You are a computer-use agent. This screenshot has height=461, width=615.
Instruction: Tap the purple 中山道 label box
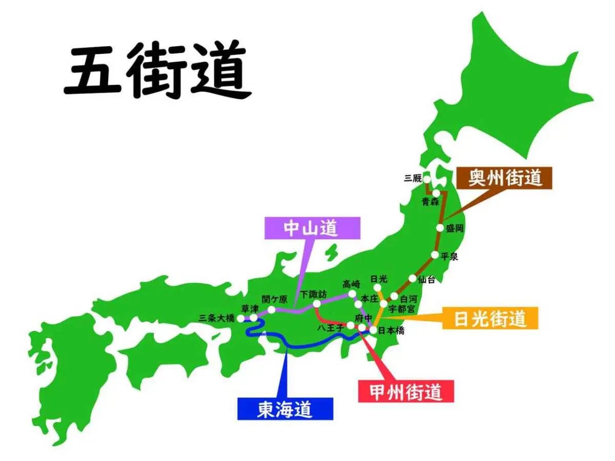312,228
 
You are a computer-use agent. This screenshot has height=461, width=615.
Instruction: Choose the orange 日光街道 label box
489,318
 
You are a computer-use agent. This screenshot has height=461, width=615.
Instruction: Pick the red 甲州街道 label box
405,391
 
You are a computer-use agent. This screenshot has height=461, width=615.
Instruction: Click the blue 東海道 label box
285,409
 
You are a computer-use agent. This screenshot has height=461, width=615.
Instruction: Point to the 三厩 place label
413,178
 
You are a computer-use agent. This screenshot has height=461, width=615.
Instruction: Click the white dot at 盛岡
441,228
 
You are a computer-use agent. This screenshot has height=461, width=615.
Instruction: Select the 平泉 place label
449,257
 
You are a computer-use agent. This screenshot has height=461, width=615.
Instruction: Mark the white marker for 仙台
413,278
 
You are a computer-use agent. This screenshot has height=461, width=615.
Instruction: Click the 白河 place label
408,298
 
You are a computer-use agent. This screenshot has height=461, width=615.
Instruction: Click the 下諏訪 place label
313,295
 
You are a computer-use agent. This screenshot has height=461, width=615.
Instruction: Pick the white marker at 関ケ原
272,309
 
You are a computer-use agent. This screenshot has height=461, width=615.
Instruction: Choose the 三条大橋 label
216,318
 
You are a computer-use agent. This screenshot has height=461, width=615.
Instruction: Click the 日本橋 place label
391,331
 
